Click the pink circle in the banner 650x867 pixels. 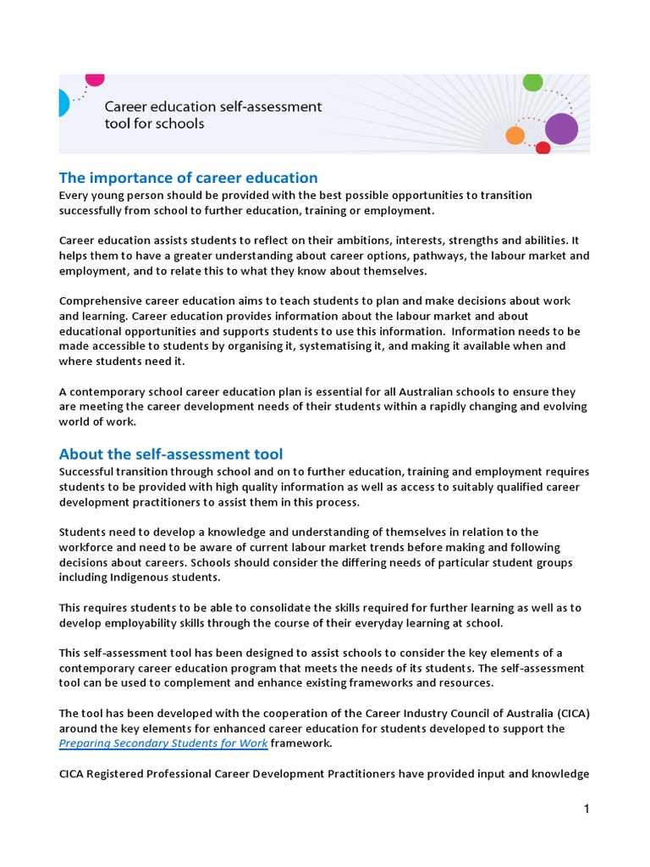tap(95, 79)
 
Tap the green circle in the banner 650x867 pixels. tap(532, 82)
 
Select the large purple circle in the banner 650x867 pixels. tap(561, 129)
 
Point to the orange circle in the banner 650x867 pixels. tap(515, 135)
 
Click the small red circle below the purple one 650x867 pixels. tap(543, 148)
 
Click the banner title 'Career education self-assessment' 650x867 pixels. tap(212, 107)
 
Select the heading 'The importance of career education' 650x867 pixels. tap(188, 178)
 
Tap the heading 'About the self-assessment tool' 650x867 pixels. tap(171, 454)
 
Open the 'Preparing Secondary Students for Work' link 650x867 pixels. tap(163, 743)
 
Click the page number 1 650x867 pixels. tap(586, 809)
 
